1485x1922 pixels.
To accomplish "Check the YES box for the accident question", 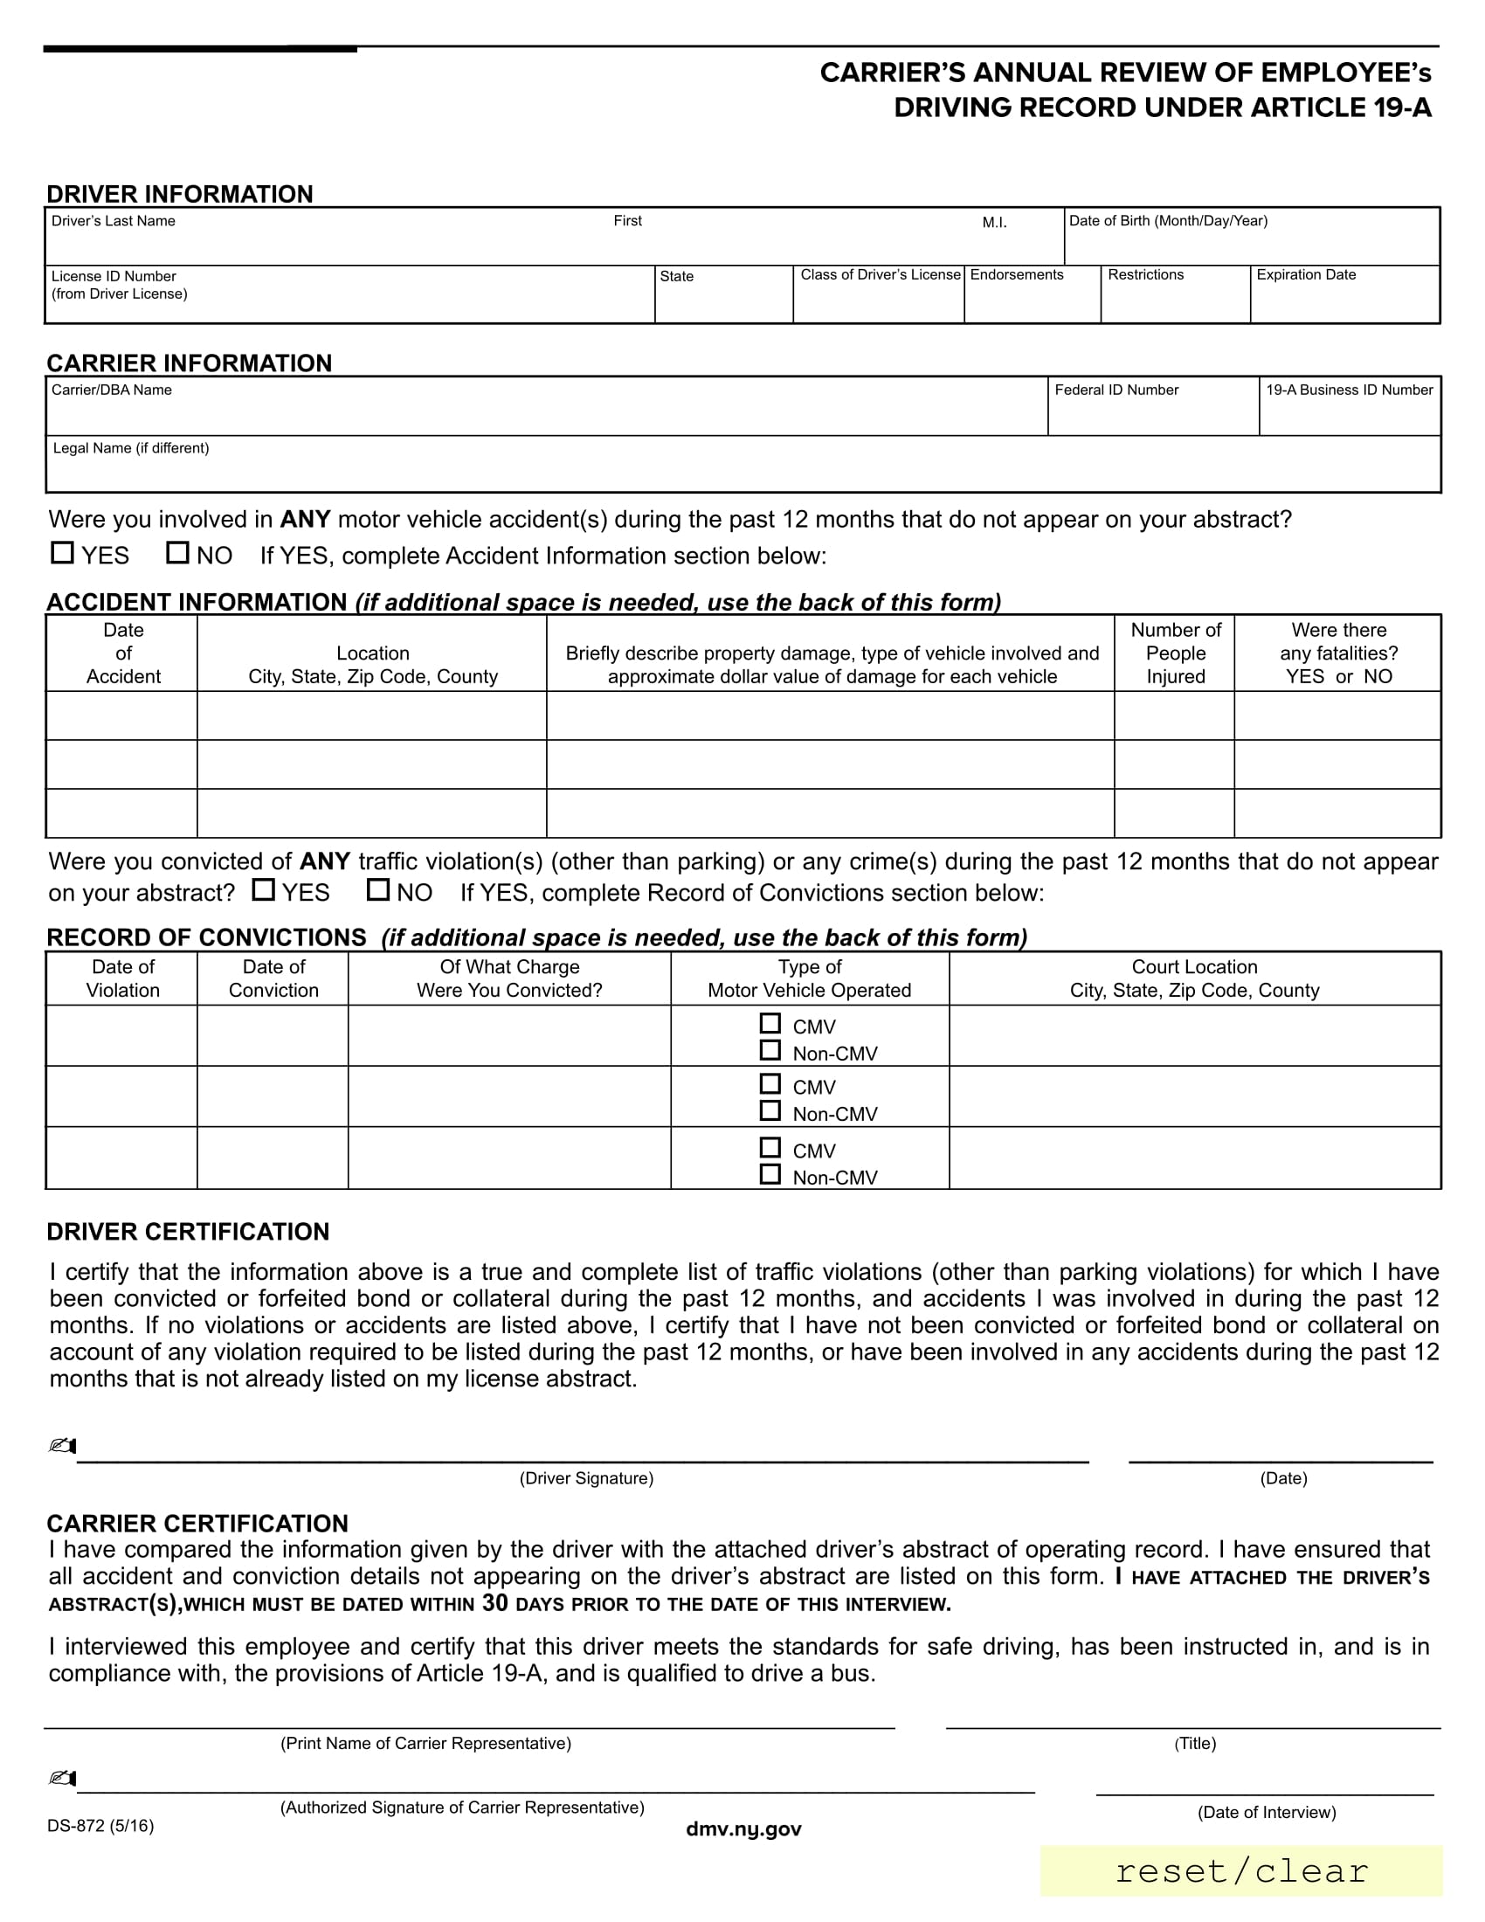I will click(63, 553).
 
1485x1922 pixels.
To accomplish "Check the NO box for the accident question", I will click(177, 553).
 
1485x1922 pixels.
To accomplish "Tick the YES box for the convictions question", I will click(263, 888).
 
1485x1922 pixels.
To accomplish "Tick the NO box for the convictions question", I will click(378, 888).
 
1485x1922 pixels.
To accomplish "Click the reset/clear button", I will click(1240, 1871).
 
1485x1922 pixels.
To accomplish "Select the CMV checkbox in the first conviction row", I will click(770, 1024).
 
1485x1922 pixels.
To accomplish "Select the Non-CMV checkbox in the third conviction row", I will click(770, 1174).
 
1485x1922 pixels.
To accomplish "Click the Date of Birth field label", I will click(1167, 221).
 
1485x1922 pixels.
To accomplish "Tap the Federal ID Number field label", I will click(1116, 390).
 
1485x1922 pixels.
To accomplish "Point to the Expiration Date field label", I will click(1306, 274).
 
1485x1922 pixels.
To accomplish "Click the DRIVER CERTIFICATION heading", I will click(188, 1231).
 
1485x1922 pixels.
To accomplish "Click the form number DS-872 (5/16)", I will click(100, 1826).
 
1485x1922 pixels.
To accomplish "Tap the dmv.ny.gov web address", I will click(743, 1829).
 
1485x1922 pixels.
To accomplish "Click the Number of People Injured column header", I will click(1174, 653).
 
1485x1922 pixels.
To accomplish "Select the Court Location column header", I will click(1194, 978).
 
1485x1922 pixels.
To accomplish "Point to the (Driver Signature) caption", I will click(586, 1478).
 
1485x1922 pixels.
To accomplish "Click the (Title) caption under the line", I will click(1195, 1744).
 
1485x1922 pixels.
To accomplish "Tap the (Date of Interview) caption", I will click(1266, 1812).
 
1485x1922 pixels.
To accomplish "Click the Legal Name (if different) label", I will click(131, 448).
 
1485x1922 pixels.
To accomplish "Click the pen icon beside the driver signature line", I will click(63, 1446).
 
